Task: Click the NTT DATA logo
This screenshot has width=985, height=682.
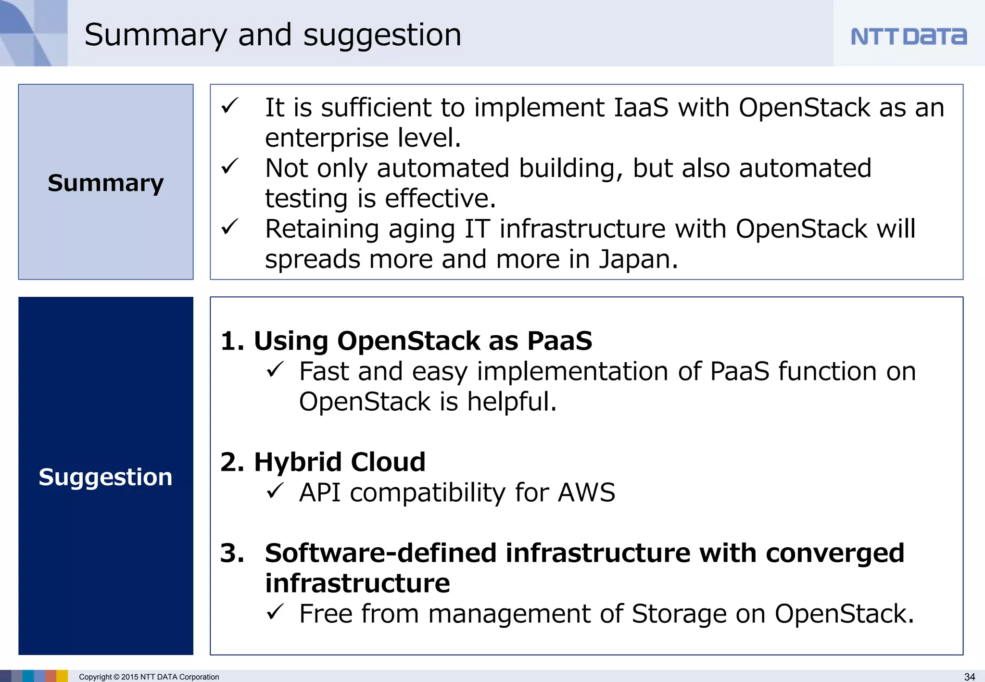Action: click(908, 37)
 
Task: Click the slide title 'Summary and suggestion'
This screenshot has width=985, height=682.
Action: click(273, 35)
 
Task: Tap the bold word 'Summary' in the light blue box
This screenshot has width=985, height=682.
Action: click(106, 183)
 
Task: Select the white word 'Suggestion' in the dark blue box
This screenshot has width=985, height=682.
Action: click(105, 477)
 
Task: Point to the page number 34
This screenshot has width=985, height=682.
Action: click(970, 677)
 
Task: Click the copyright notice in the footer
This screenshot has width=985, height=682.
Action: click(149, 677)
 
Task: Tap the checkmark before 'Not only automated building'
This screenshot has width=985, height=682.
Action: click(230, 166)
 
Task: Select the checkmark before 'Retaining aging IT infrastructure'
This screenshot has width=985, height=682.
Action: click(230, 227)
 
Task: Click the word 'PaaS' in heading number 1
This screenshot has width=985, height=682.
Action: click(559, 341)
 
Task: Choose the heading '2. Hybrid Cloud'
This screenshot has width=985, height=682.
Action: click(323, 462)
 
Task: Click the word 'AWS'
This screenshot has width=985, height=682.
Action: click(586, 493)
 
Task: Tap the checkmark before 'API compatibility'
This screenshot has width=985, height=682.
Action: click(275, 491)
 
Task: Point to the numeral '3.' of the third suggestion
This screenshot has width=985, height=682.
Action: click(232, 553)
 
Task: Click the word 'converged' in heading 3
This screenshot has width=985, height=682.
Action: click(834, 553)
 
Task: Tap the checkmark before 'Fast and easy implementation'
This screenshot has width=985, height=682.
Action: click(275, 370)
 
